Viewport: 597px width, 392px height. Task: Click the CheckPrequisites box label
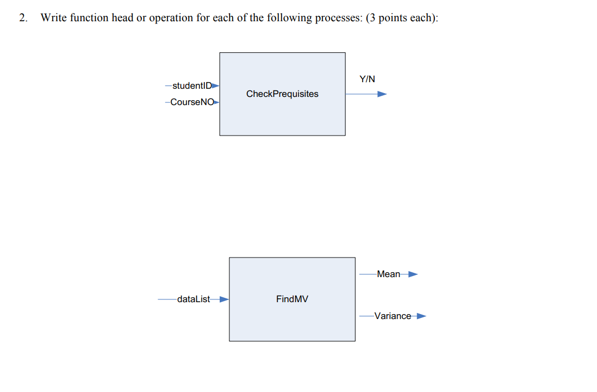point(282,94)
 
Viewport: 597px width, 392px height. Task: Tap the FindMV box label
point(292,299)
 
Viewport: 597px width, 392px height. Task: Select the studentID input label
point(191,85)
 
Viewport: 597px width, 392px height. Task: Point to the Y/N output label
point(367,79)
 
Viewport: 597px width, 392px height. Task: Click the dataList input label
point(193,299)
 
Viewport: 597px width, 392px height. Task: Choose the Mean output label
point(388,274)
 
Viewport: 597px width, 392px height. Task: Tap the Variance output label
point(393,316)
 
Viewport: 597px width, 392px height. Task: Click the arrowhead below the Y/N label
point(382,94)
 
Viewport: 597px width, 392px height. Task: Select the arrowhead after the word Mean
point(413,274)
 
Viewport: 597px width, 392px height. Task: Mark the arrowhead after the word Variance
point(421,316)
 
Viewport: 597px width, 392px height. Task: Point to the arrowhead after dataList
point(223,299)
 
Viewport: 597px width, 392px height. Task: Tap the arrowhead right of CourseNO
point(216,102)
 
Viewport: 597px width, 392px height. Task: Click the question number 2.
point(22,17)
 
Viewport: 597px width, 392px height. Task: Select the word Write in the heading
point(54,17)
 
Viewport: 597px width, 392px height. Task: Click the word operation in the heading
point(170,18)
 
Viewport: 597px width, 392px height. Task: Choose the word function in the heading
point(90,17)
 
